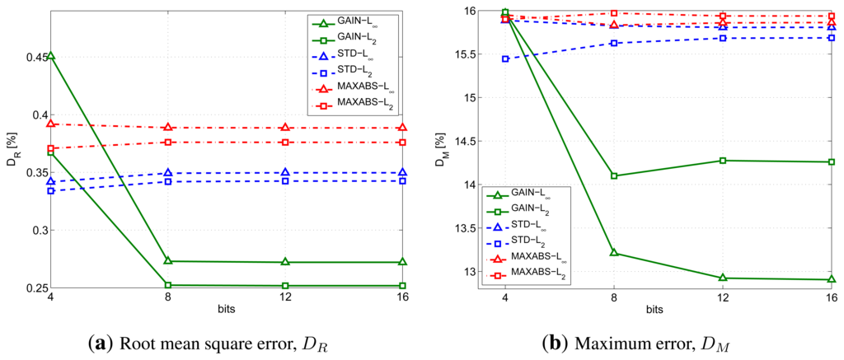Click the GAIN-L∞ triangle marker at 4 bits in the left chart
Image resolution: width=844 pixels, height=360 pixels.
51,56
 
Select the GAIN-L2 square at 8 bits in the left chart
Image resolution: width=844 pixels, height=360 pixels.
168,285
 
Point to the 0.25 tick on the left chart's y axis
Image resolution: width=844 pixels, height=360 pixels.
32,288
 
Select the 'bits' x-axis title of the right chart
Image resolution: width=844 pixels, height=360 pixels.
654,309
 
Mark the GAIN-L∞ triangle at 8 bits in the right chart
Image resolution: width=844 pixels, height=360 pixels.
613,253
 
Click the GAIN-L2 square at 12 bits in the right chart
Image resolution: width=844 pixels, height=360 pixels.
723,160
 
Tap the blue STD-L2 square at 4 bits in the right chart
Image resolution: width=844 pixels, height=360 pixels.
504,59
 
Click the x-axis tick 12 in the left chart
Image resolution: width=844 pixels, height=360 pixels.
285,297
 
